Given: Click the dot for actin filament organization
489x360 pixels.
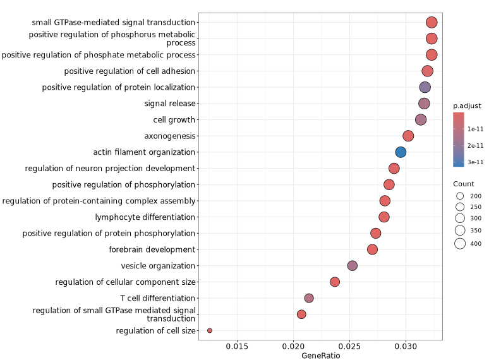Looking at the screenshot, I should tap(401, 152).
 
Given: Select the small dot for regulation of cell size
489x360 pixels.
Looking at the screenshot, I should tap(210, 330).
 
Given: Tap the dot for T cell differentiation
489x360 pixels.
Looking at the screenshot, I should tap(309, 298).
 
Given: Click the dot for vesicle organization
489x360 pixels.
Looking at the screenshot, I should tap(353, 266).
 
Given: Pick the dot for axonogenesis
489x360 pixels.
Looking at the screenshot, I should tap(408, 136).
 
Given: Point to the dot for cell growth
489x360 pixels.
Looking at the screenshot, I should tap(421, 119).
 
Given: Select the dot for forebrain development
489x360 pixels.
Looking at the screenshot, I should tap(372, 249).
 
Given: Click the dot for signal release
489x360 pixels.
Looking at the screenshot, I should tap(424, 104).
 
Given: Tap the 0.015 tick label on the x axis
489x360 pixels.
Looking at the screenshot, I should tap(237, 347).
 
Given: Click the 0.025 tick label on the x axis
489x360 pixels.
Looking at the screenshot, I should tap(350, 347).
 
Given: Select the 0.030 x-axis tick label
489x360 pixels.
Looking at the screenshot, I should tap(406, 347).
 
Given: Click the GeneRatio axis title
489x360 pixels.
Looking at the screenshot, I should tap(320, 356).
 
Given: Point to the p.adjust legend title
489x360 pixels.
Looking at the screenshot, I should tap(467, 105).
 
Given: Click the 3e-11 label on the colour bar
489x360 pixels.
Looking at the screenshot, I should tap(475, 162).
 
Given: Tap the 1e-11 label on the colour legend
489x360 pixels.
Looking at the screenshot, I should tap(475, 129).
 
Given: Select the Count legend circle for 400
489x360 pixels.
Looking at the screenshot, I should tap(460, 244).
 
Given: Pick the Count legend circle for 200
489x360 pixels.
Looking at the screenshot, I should tap(460, 196).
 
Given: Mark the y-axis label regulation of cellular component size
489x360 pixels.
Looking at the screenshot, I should tap(125, 282).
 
